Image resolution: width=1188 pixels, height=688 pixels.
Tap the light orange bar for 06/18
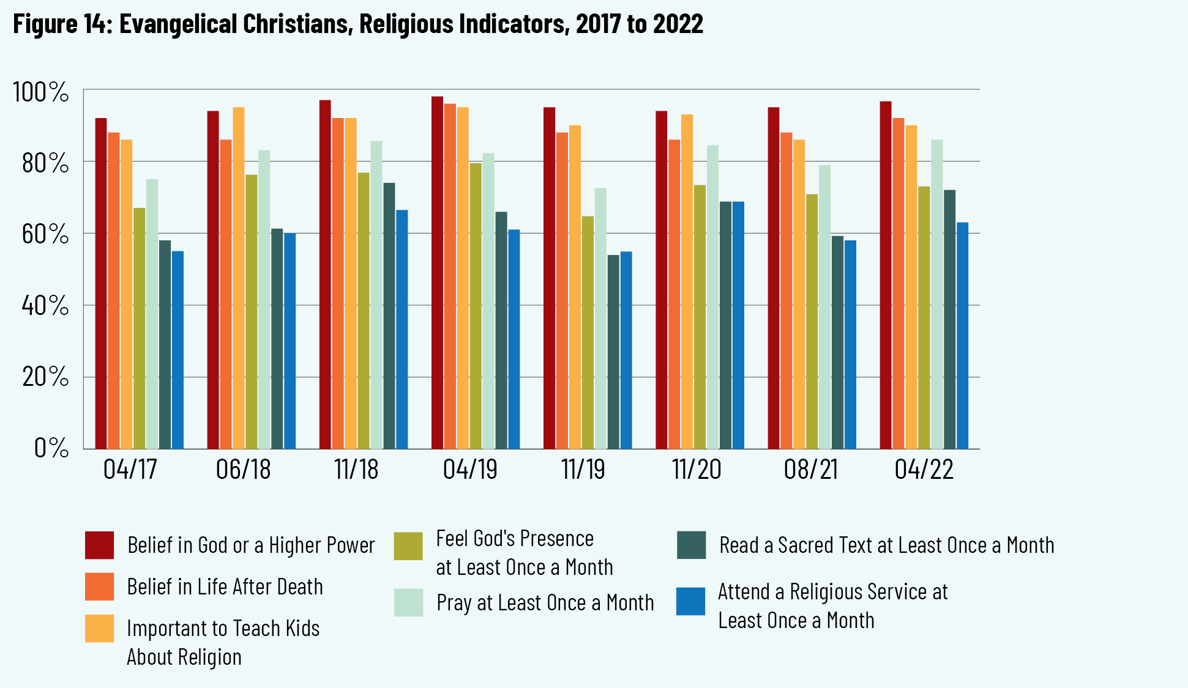tap(238, 278)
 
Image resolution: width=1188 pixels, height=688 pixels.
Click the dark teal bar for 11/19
tap(613, 352)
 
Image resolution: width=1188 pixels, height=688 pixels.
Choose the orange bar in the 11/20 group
tap(674, 294)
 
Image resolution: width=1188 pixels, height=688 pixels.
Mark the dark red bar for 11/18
tap(325, 275)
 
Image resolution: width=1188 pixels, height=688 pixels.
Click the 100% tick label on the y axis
tap(40, 92)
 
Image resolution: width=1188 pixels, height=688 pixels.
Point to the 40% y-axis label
tap(45, 305)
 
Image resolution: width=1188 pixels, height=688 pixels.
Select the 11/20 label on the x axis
tap(697, 470)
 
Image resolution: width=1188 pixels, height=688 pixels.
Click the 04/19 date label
tap(470, 470)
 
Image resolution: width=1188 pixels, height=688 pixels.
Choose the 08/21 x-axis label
tap(810, 470)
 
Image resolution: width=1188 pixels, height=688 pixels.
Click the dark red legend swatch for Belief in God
tap(99, 545)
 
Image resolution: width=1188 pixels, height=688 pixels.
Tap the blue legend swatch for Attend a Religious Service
tap(691, 601)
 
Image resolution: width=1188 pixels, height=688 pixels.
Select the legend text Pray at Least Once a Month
tap(545, 603)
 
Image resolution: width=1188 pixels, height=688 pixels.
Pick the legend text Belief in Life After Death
tap(225, 587)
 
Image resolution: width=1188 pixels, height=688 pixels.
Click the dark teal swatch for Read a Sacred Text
tap(692, 545)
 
